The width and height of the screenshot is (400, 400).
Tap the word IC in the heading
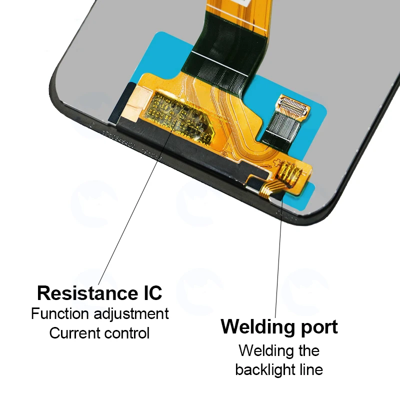pos(149,292)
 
